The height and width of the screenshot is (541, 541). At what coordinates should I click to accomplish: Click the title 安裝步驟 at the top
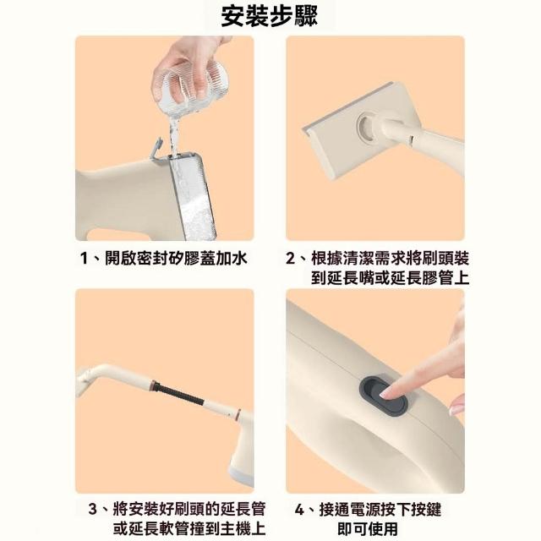[x=269, y=17]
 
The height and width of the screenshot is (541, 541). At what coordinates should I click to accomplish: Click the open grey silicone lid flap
[x=156, y=148]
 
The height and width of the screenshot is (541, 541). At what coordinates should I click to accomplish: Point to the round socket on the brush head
[x=366, y=128]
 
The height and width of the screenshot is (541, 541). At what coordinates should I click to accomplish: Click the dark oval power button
[x=384, y=396]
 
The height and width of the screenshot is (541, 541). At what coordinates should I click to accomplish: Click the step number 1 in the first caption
[x=84, y=258]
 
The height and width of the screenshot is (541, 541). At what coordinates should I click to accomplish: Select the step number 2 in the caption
[x=290, y=258]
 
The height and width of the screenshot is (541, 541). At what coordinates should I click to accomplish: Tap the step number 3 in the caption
[x=92, y=509]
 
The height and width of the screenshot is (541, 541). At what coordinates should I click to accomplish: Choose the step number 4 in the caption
[x=299, y=510]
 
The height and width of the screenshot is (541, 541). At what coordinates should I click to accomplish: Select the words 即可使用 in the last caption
[x=368, y=528]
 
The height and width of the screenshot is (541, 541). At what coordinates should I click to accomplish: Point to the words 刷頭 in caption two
[x=437, y=258]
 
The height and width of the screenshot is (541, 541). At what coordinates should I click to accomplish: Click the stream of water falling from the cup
[x=173, y=137]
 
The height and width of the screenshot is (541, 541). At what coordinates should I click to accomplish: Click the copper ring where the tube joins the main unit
[x=238, y=414]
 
